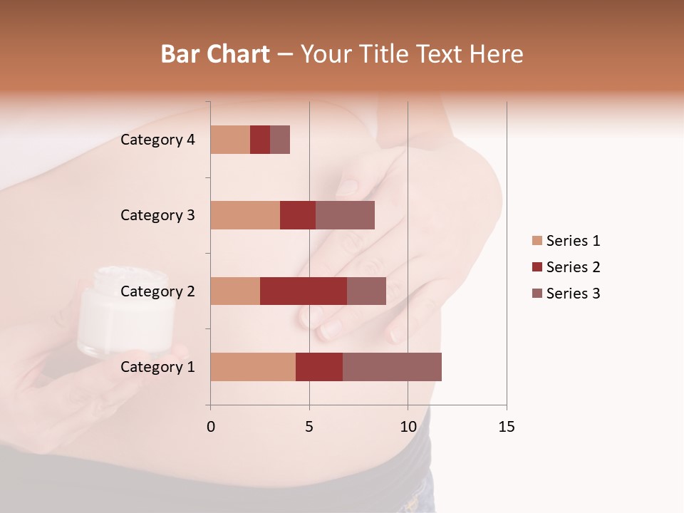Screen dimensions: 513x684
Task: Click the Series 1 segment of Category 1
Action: pos(253,367)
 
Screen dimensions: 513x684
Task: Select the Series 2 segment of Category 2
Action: pos(304,291)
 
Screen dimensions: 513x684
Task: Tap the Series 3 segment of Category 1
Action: pos(392,367)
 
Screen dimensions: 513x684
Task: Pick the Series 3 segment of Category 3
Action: pos(345,215)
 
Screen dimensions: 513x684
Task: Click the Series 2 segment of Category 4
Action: pos(260,140)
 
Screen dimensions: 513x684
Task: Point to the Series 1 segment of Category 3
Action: pos(245,215)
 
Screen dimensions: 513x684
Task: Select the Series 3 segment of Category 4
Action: pos(280,140)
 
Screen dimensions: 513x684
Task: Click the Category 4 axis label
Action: pos(157,140)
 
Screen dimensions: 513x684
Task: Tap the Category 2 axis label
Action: pos(157,291)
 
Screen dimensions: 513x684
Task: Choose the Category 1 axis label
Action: pos(157,367)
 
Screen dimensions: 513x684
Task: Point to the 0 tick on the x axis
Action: pos(211,427)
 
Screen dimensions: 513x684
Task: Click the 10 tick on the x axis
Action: pos(408,427)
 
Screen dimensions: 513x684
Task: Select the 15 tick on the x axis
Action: pos(506,427)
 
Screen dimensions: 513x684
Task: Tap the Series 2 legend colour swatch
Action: pos(537,267)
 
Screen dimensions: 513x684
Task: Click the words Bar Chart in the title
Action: pos(215,54)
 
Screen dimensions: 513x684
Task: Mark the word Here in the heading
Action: pos(497,54)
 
